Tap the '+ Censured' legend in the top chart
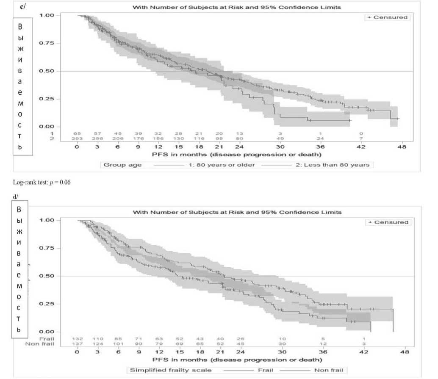(x=388, y=17)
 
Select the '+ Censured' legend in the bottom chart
(x=388, y=222)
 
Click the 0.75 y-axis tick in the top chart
(x=47, y=43)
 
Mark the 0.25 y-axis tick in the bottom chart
(x=47, y=304)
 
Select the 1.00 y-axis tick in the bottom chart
(x=47, y=220)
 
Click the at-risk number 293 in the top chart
(x=77, y=138)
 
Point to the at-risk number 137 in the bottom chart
(x=77, y=344)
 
